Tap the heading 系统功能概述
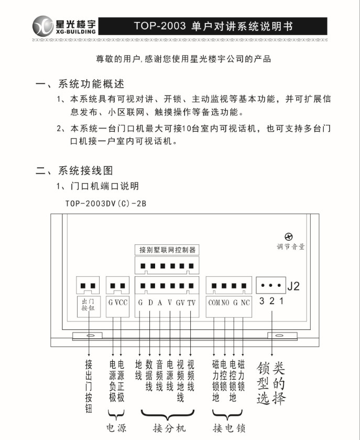(91, 84)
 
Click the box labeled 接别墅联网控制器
(167, 250)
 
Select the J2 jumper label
(294, 286)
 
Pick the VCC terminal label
(121, 303)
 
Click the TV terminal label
(191, 303)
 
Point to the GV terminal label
(180, 303)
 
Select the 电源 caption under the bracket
(116, 427)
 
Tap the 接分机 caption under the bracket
(169, 427)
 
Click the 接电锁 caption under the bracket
(230, 427)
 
